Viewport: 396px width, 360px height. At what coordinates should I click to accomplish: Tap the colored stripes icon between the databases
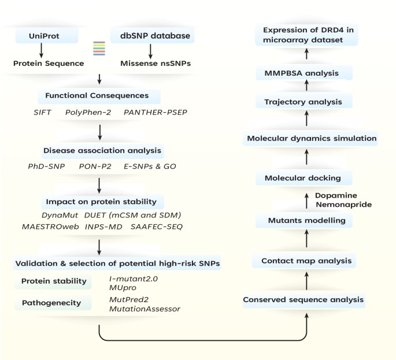(x=98, y=49)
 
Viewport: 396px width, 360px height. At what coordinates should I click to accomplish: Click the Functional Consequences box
(x=99, y=95)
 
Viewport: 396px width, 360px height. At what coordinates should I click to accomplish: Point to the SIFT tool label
(x=42, y=110)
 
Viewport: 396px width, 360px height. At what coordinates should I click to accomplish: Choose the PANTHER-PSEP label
(x=152, y=110)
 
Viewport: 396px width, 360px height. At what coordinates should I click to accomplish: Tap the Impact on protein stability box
(x=99, y=202)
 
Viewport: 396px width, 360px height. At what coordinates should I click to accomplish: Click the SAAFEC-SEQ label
(x=156, y=227)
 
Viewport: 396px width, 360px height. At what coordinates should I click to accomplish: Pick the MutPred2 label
(x=127, y=299)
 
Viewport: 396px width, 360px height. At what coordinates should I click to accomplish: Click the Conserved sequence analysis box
(x=304, y=299)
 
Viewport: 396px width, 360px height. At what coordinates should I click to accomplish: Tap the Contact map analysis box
(x=306, y=261)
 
